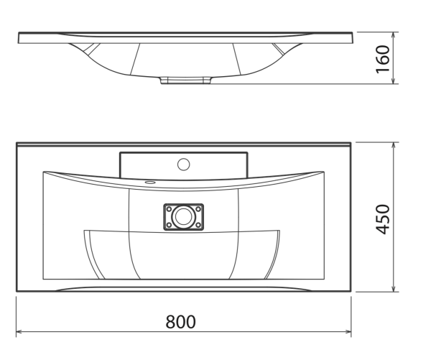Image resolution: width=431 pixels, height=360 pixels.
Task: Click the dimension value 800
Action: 180,321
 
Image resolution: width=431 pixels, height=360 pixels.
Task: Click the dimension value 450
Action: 383,219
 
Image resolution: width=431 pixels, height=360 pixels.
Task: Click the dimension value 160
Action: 383,60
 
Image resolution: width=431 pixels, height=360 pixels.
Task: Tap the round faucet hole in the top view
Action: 183,165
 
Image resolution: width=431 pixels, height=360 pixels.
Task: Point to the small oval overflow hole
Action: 150,182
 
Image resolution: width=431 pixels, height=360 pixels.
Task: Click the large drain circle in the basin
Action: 183,216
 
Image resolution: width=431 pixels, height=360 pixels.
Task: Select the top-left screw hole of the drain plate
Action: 169,209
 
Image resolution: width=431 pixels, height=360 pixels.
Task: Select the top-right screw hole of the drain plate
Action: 198,209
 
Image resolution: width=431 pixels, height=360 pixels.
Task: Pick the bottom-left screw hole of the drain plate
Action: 169,225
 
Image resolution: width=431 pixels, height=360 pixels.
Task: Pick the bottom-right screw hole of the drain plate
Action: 198,225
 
